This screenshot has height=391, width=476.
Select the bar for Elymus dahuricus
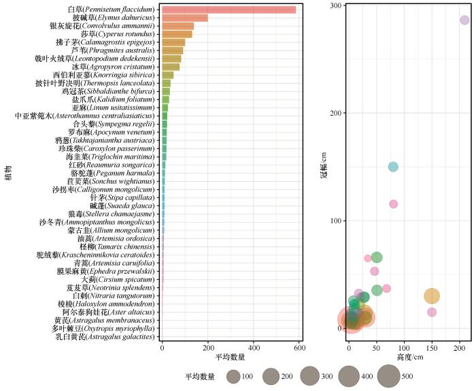pos(184,18)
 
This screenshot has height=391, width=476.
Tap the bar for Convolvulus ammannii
pos(177,26)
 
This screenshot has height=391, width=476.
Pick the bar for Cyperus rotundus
pos(177,34)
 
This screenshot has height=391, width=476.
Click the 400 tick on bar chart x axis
pos(254,347)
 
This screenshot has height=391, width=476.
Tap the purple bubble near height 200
pos(464,20)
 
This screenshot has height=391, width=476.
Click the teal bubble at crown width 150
pos(393,167)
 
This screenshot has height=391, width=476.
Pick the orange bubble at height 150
pos(432,296)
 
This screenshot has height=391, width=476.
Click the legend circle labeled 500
pos(389,376)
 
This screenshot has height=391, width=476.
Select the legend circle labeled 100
pos(233,376)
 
